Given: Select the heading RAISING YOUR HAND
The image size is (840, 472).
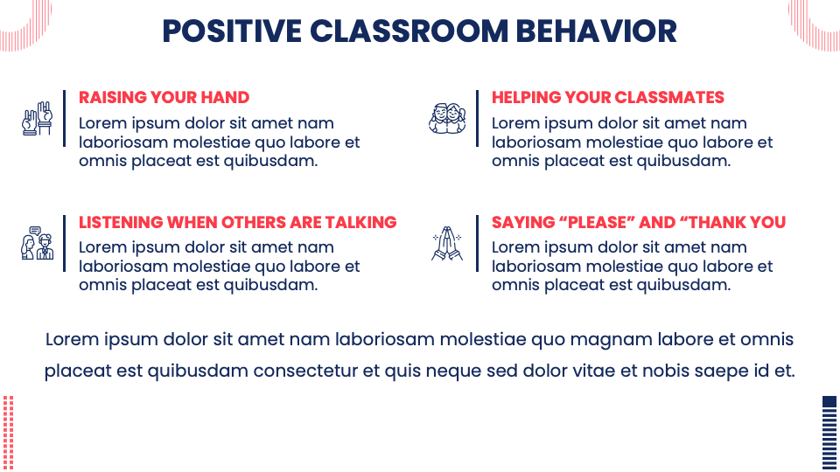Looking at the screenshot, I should [164, 97].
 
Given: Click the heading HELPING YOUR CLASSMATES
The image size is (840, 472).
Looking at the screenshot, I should [607, 97].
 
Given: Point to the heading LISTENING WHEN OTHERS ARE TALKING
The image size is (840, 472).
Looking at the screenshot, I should [237, 222].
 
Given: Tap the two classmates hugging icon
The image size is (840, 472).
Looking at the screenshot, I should [447, 118].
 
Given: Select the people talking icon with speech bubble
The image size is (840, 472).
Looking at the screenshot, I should [37, 243].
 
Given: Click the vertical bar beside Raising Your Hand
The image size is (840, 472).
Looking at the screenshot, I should [64, 118].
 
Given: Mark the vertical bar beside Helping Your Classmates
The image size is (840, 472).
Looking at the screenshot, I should [477, 118].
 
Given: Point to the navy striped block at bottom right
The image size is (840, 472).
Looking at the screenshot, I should [829, 432].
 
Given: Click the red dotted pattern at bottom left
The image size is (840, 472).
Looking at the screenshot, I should [9, 432].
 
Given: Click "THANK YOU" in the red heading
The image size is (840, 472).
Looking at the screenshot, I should [738, 222].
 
